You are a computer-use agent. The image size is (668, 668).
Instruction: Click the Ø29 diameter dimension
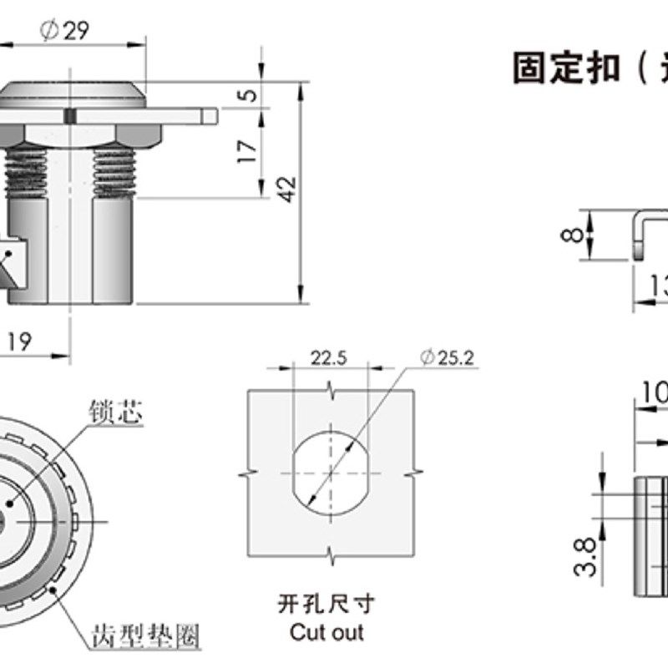coord(65,31)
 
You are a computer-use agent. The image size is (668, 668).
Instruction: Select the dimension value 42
coord(286,190)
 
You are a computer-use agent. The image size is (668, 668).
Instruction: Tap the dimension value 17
coord(248,151)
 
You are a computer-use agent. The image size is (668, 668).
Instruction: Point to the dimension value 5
coord(248,94)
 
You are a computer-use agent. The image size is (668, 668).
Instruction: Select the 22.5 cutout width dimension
coord(330,358)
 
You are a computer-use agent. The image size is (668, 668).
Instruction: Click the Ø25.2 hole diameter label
coord(448,358)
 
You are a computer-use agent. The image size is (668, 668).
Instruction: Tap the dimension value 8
coord(570,235)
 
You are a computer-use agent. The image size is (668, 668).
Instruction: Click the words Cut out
coord(326,632)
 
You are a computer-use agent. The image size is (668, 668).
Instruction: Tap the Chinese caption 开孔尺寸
coord(326,603)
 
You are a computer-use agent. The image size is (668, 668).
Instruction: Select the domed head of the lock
coord(75,94)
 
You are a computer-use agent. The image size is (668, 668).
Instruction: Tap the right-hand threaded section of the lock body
coord(114,171)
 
